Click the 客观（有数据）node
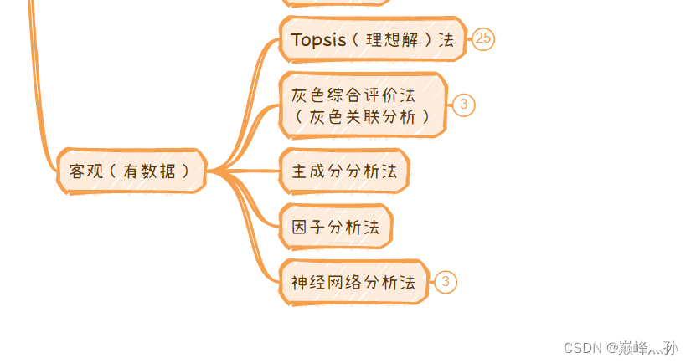[x=131, y=171]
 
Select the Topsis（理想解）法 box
[x=372, y=39]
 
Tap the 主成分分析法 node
[x=344, y=171]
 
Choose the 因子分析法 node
[x=335, y=227]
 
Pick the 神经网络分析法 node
[x=353, y=282]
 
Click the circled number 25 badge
[x=483, y=38]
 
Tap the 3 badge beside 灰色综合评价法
[x=463, y=105]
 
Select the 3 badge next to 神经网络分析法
[x=446, y=282]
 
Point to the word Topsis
[x=318, y=39]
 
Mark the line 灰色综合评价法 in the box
[x=353, y=95]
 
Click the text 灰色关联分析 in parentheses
[x=362, y=117]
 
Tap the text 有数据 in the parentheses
[x=149, y=171]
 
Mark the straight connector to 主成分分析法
[x=251, y=171]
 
